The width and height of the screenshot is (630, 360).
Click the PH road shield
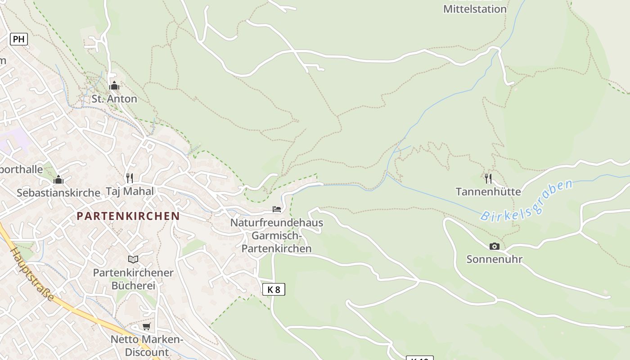[18, 39]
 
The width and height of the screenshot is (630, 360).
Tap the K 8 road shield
[274, 289]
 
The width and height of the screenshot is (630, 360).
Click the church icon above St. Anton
[114, 85]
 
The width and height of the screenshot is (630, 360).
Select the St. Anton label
[114, 99]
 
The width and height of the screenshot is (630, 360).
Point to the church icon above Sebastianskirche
[58, 180]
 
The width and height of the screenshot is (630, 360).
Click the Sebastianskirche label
[58, 193]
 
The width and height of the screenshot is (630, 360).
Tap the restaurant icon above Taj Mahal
[130, 178]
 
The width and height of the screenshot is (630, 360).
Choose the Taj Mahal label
[130, 191]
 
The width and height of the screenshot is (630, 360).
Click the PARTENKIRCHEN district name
[128, 216]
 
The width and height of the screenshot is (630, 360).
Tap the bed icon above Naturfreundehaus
[277, 209]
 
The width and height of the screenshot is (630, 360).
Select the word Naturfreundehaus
[277, 222]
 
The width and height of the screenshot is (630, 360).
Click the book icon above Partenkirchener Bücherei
[133, 259]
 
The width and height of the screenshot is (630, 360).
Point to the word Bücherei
[133, 285]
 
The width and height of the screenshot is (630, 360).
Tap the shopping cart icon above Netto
[146, 326]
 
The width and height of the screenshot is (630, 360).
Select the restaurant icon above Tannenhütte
[488, 179]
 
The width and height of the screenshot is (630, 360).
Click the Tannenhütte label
[488, 192]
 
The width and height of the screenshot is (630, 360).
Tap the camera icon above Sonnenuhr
[494, 246]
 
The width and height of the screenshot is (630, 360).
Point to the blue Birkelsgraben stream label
[527, 200]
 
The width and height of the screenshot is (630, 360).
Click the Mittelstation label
[475, 9]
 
